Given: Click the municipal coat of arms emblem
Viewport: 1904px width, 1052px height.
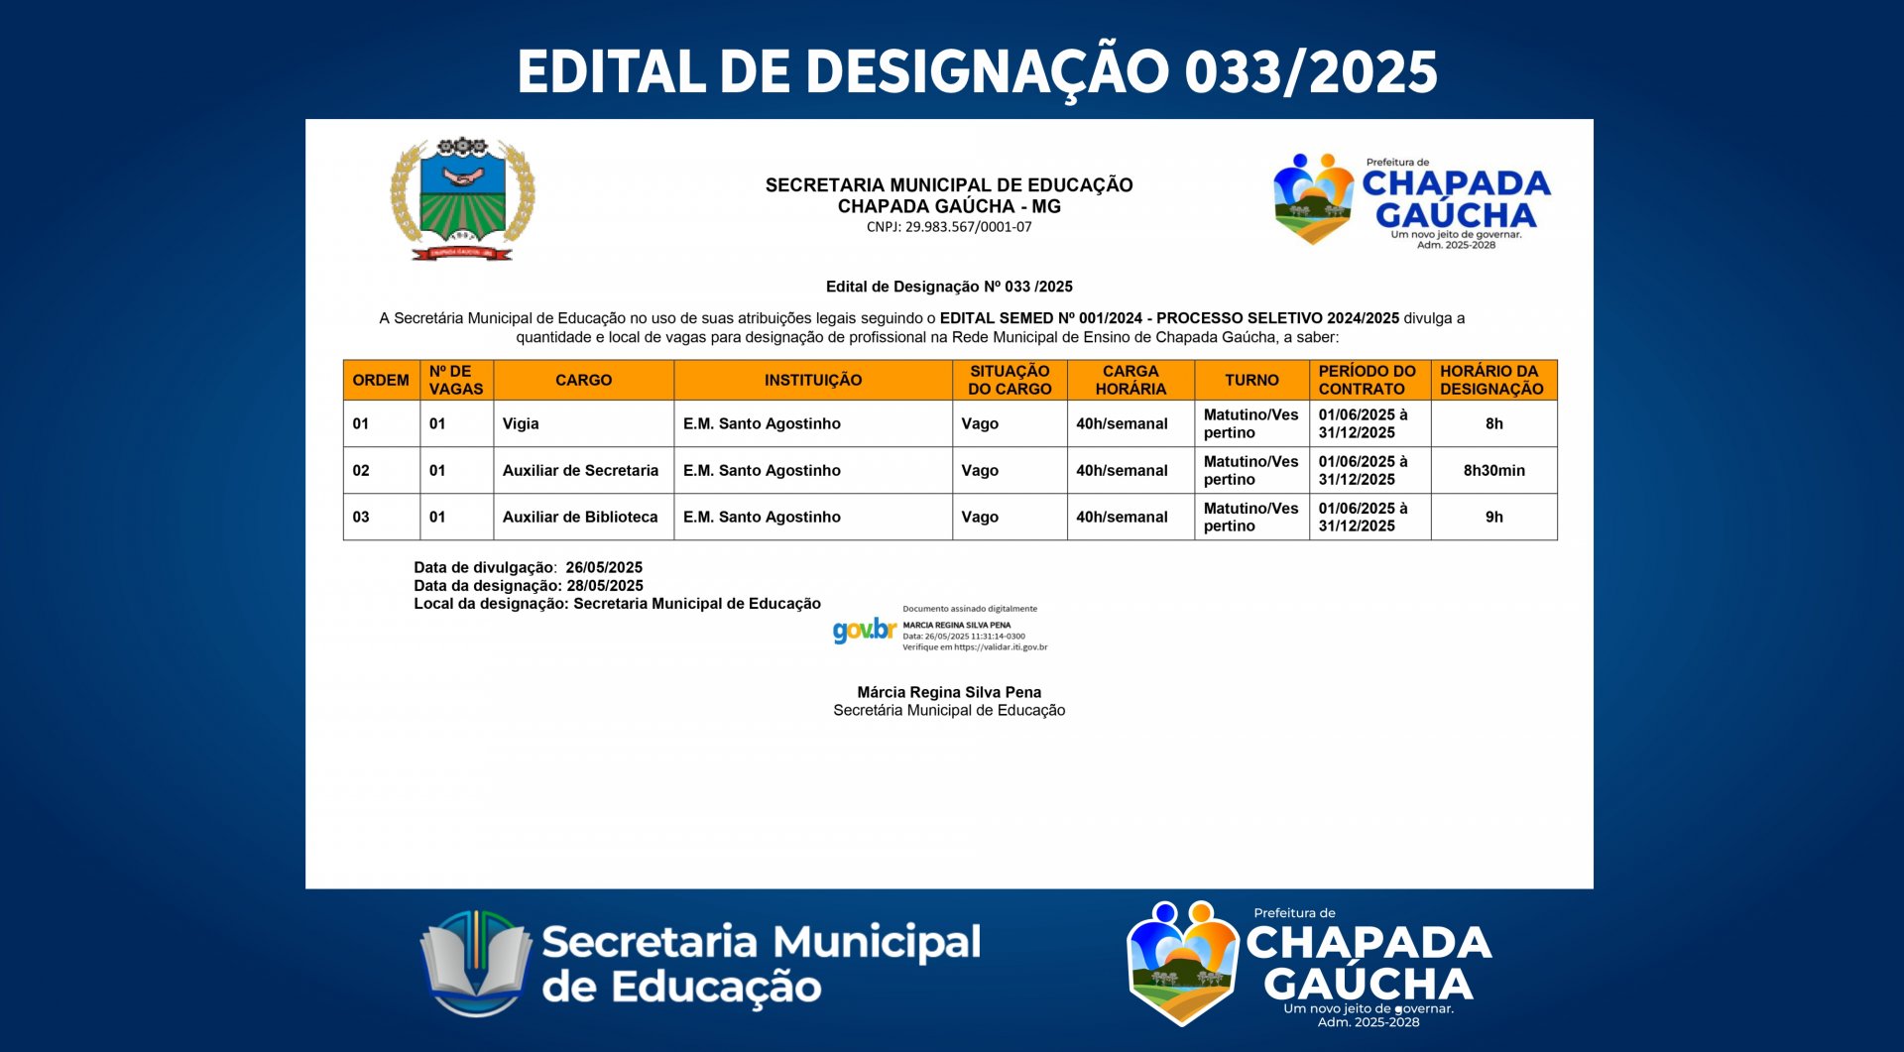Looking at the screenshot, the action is (462, 198).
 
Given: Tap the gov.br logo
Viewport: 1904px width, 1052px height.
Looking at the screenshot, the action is (864, 630).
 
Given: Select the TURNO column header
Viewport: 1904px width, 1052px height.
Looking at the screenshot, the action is (1251, 380).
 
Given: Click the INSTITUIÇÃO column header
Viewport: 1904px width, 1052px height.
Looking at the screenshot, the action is (813, 380).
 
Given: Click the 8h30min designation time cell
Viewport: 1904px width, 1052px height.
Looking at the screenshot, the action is (1494, 470).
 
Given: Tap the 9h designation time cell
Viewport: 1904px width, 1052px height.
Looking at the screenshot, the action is (1494, 517).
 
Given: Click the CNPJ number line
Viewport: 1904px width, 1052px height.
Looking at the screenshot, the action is (949, 227).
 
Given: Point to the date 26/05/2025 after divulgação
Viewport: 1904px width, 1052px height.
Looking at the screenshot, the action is (604, 567).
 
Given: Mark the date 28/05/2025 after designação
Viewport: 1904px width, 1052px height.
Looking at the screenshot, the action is (605, 585).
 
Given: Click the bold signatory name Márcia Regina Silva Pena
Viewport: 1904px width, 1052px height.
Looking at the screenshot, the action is (949, 692).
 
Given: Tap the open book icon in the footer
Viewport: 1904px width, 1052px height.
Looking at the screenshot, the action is (476, 963).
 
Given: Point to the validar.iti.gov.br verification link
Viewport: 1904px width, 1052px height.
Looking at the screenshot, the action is (1001, 647).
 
